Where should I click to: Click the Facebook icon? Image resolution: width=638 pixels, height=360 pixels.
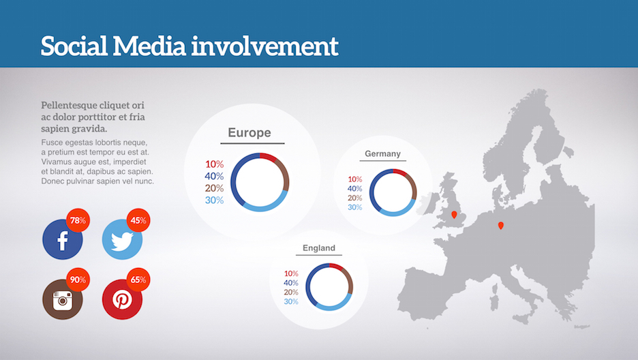62,239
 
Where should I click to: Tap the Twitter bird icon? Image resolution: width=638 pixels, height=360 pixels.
122,239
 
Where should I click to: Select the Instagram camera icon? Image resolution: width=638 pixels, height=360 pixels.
62,299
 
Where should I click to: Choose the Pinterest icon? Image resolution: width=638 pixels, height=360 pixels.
122,299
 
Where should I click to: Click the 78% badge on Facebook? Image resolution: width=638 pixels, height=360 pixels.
78,220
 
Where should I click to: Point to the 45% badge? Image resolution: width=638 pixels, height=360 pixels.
138,220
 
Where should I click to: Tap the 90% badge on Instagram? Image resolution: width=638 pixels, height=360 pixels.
78,280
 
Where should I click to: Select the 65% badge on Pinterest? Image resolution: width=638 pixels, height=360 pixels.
138,280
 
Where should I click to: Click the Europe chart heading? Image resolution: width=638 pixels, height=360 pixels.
249,132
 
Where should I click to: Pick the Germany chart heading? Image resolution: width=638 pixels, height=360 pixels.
382,154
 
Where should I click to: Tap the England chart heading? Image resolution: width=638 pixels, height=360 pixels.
319,248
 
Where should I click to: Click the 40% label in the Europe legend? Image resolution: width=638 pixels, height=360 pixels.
214,176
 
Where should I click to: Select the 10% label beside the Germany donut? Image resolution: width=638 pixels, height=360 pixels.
355,179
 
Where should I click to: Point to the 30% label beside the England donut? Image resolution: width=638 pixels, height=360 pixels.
291,301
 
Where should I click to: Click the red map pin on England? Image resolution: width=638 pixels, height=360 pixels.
454,214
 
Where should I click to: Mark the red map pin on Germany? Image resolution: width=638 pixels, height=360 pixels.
501,226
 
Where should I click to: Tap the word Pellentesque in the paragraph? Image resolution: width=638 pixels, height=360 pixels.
68,106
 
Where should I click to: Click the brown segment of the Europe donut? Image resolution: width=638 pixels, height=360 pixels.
284,174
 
